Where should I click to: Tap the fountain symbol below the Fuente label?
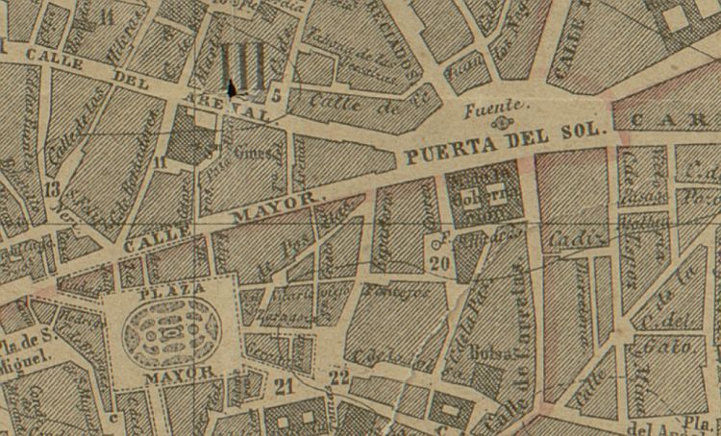tap(498, 123)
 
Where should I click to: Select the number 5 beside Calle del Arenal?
tap(276, 94)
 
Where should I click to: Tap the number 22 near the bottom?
tap(338, 376)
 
